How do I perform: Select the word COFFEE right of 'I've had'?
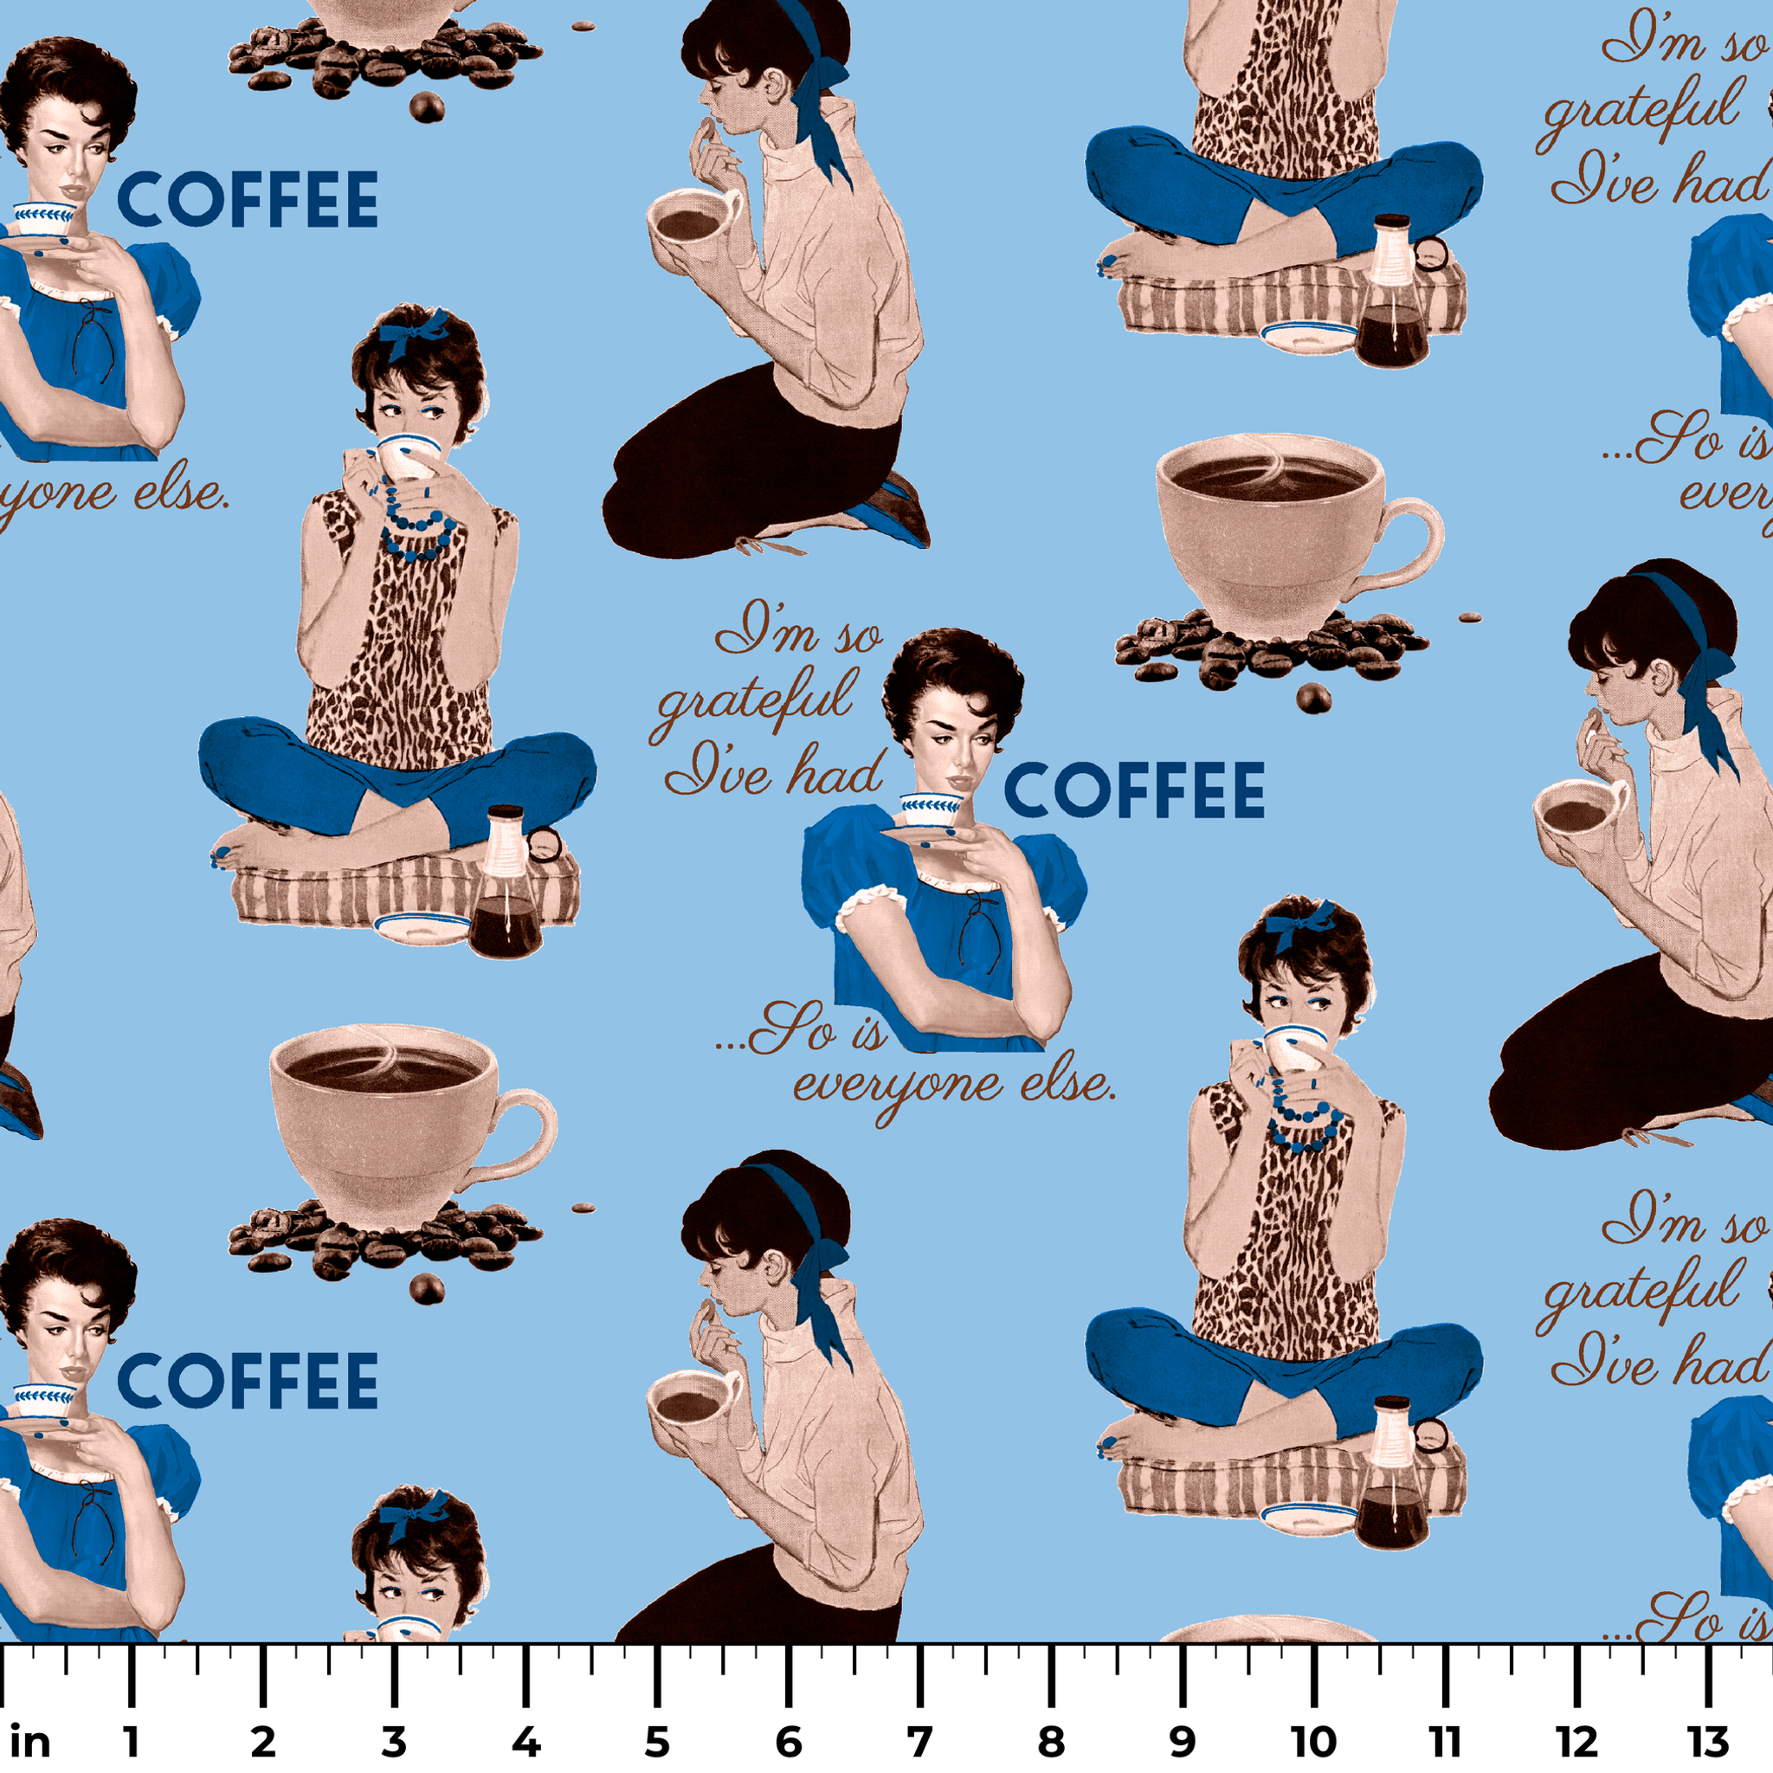click(x=1134, y=790)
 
